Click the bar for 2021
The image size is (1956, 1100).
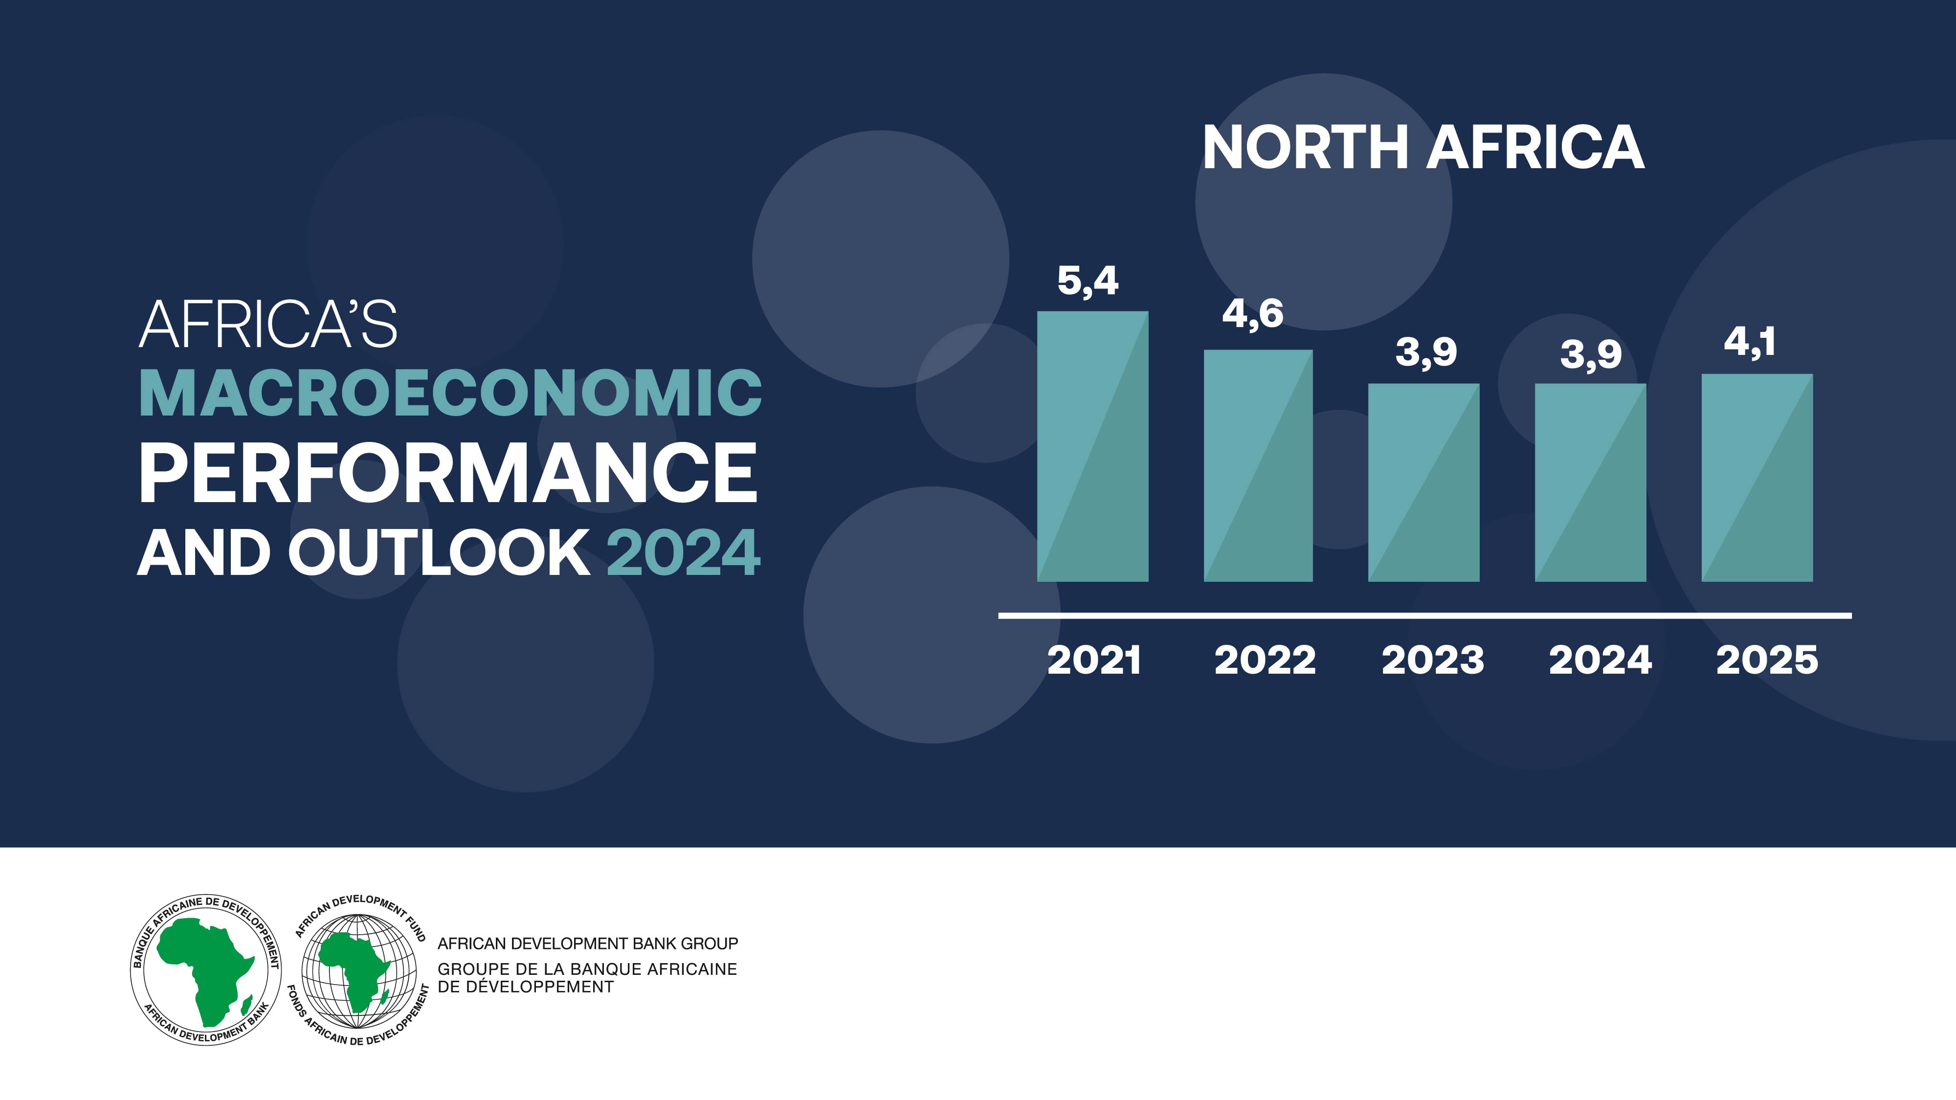click(1092, 446)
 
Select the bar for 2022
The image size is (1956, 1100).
click(1258, 465)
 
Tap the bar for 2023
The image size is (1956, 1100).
click(1423, 483)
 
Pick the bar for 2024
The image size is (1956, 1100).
click(1591, 483)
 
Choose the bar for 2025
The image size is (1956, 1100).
click(1757, 478)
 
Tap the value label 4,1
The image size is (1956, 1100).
click(1750, 342)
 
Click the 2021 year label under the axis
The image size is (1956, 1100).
click(1094, 660)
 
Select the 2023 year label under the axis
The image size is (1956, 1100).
click(1433, 660)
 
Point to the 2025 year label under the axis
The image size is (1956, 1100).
click(1767, 660)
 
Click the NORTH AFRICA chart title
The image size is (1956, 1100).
click(1423, 147)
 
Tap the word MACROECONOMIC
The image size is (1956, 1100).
click(450, 393)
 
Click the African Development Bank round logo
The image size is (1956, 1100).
click(206, 969)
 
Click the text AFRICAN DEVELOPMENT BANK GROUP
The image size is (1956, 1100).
click(588, 944)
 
